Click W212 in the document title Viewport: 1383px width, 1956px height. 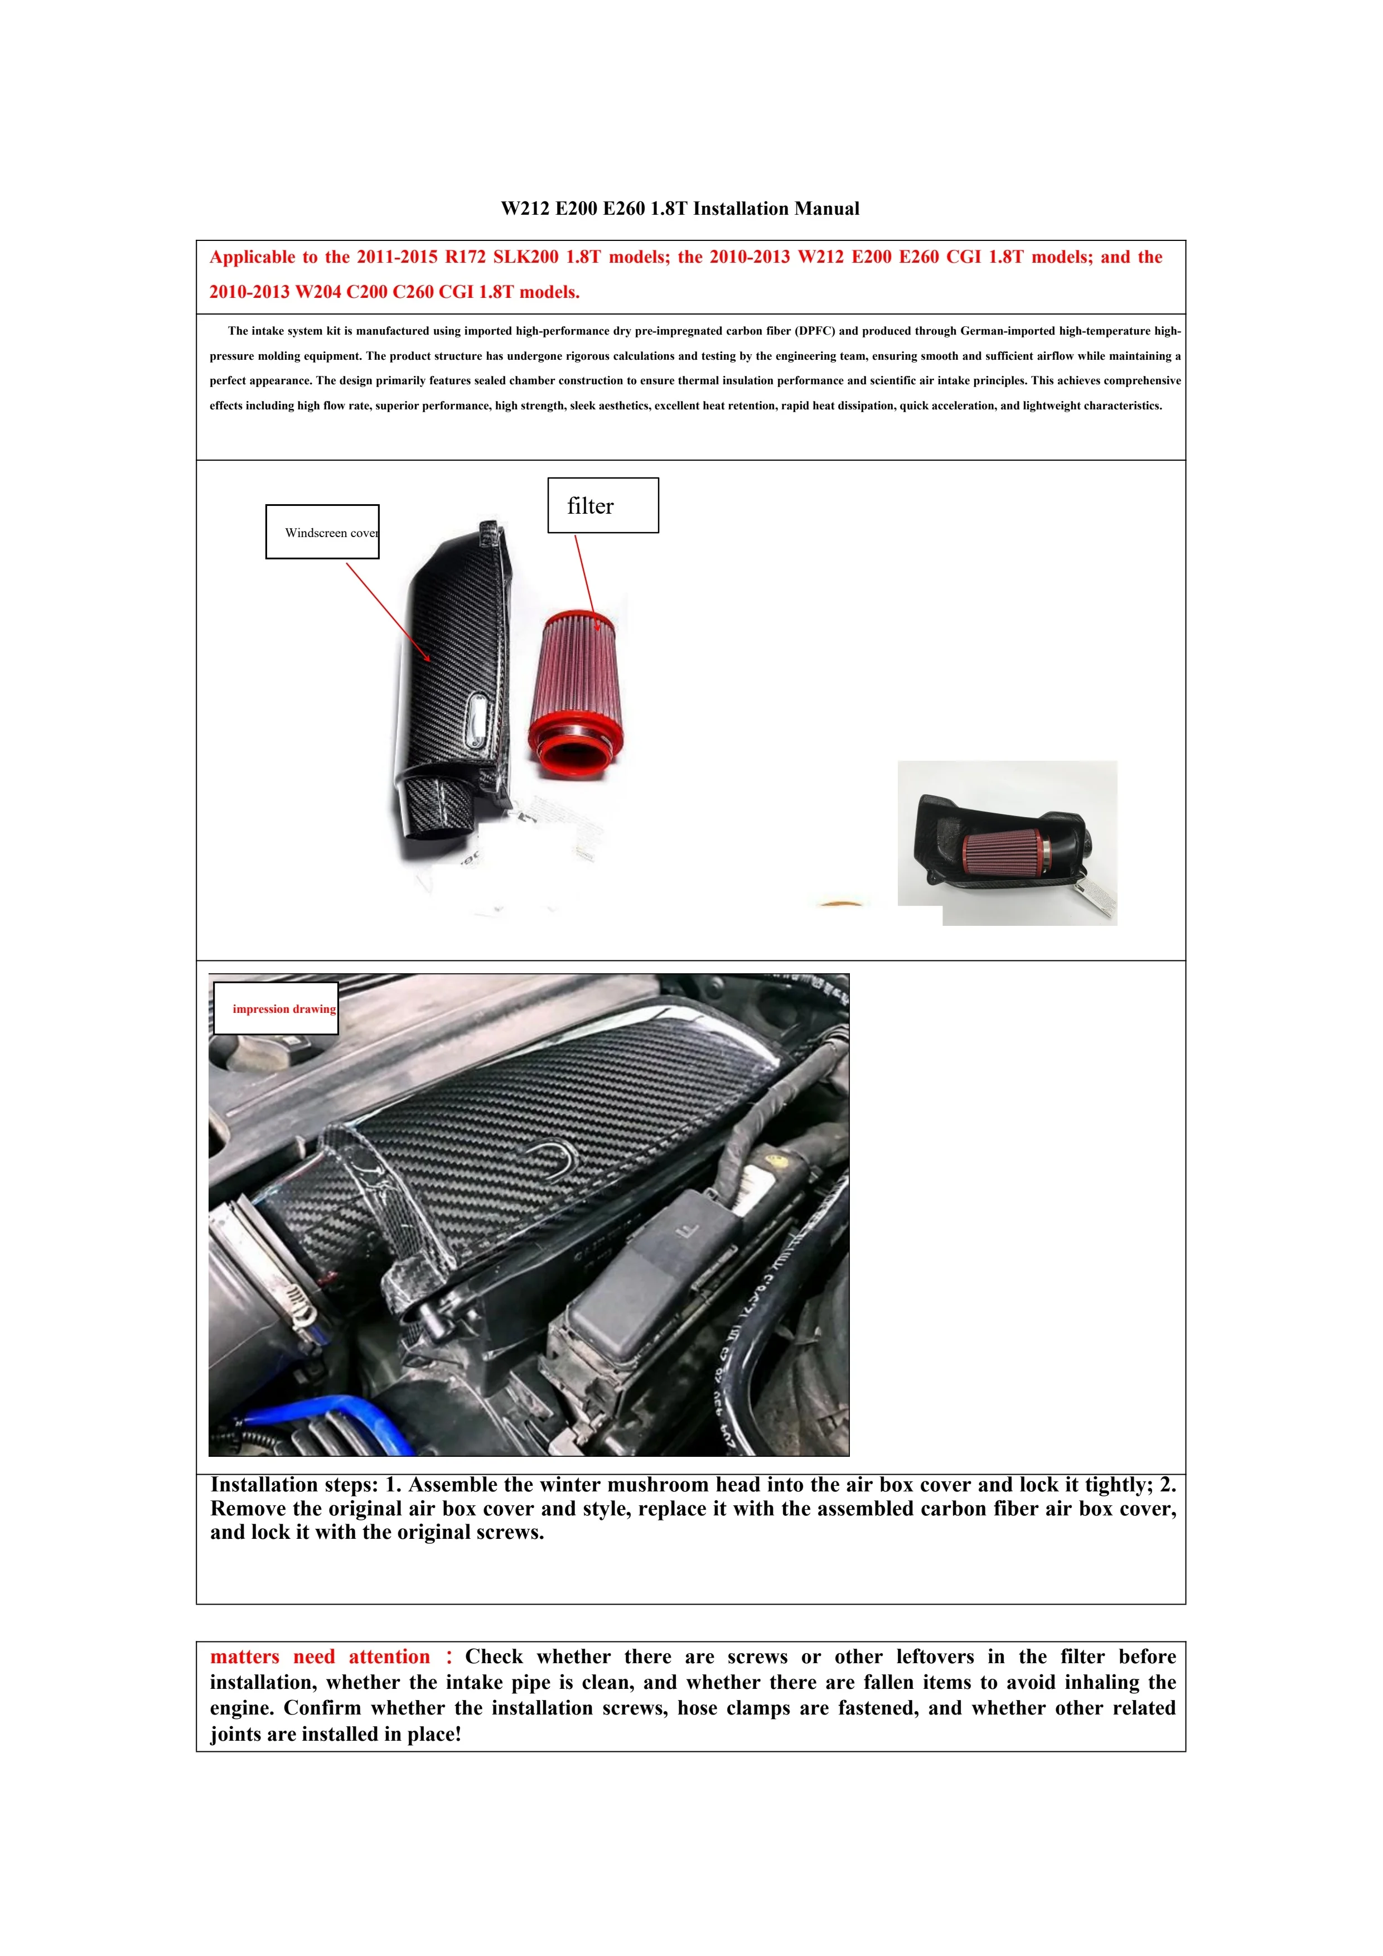click(525, 209)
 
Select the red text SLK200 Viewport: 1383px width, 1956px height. click(525, 257)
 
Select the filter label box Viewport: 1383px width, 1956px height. click(603, 506)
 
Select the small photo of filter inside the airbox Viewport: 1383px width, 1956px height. click(1008, 843)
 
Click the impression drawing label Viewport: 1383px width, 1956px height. click(276, 1008)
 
